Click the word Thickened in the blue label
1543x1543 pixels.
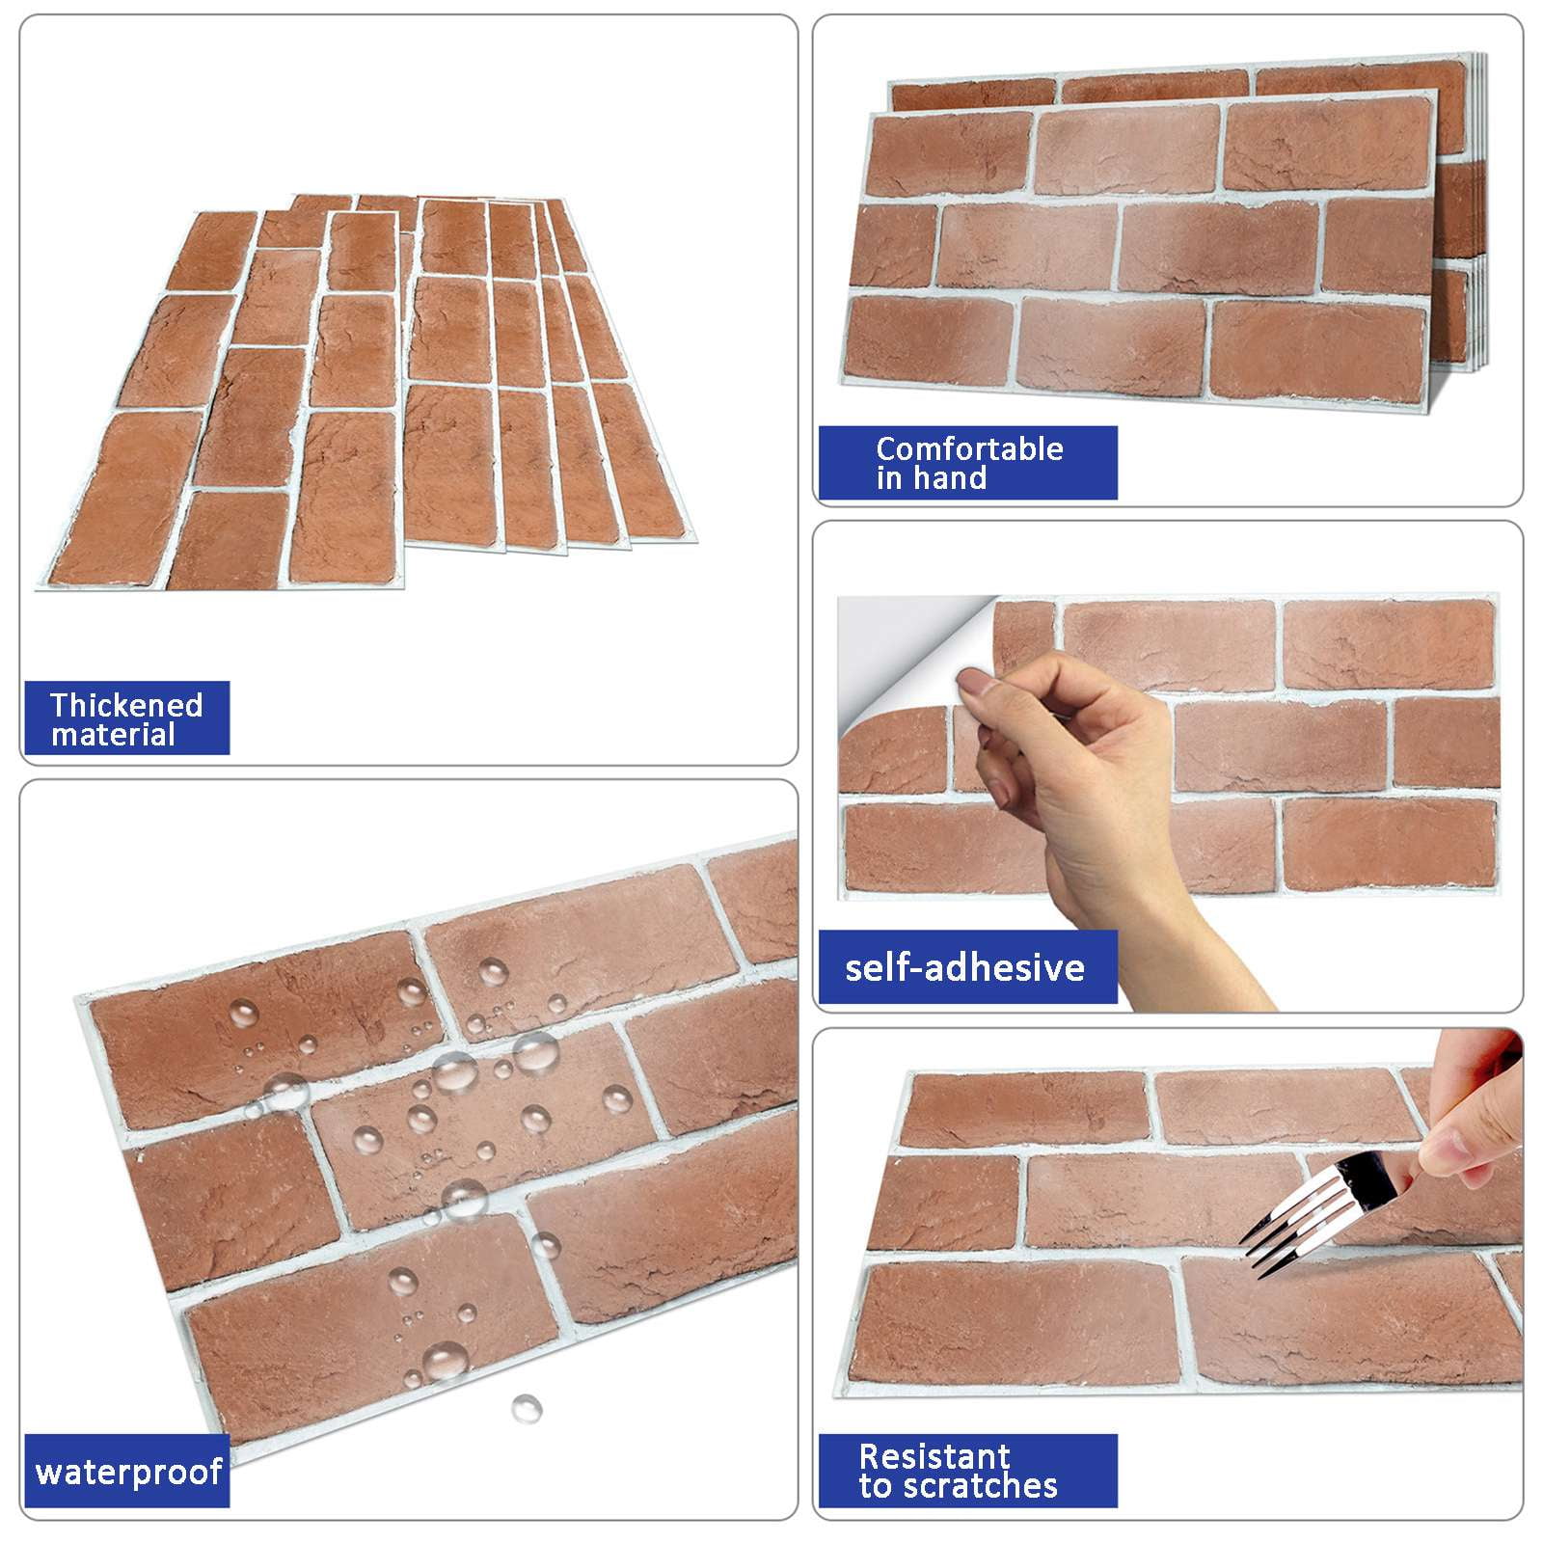[126, 705]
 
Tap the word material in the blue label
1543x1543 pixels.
[113, 735]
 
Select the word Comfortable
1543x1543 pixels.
[969, 448]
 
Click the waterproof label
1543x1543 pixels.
[129, 1472]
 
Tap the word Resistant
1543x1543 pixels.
[934, 1455]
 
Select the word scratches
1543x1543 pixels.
[979, 1486]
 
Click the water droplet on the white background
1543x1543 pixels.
[526, 1407]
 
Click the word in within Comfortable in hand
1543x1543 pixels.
[888, 477]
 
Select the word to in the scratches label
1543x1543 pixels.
[876, 1487]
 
